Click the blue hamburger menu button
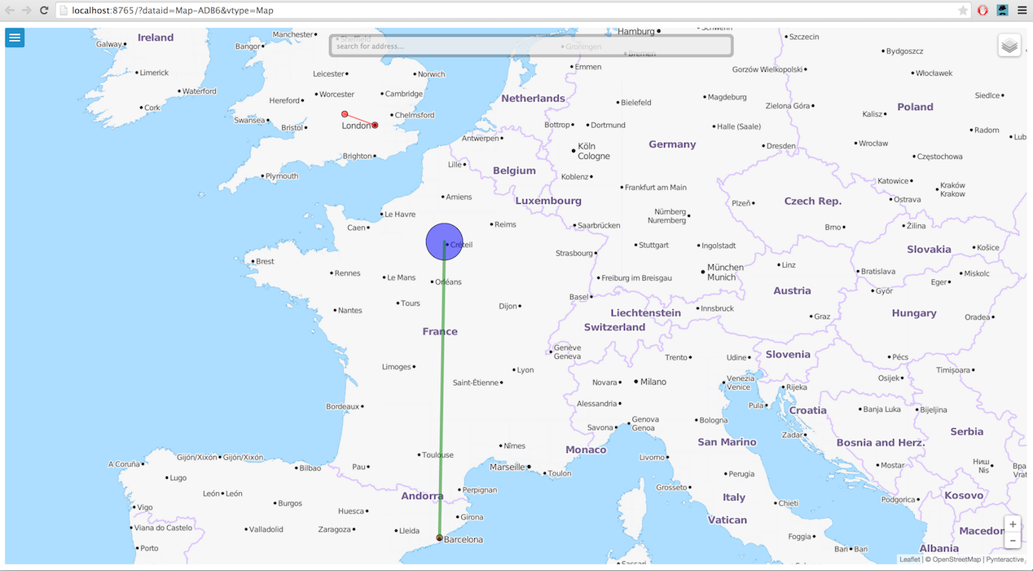(15, 38)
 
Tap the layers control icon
(1009, 46)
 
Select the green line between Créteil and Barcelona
(442, 392)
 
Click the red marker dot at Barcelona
(439, 538)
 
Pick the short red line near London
(359, 119)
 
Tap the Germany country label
(672, 144)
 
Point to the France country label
(440, 331)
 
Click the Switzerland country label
(614, 327)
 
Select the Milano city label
(653, 382)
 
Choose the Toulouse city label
(437, 455)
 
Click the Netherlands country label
(533, 99)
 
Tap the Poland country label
(915, 107)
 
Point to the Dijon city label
(508, 307)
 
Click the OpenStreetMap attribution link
(956, 560)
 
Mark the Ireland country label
(156, 38)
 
